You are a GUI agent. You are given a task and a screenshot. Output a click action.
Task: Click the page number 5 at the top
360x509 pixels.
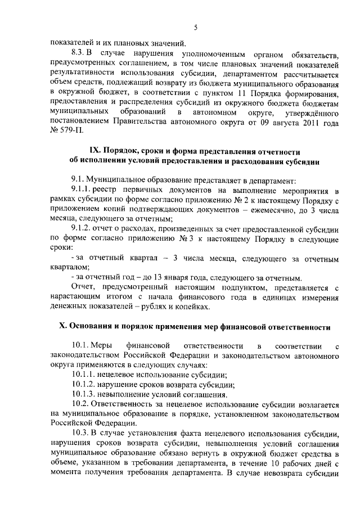point(195,28)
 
